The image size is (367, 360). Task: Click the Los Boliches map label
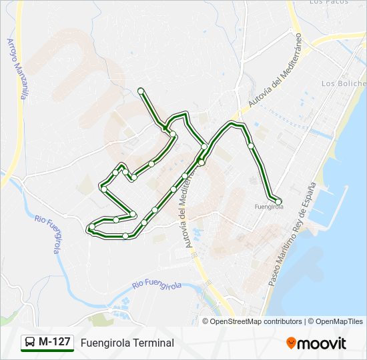(x=344, y=83)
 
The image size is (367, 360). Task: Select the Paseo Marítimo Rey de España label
(x=291, y=235)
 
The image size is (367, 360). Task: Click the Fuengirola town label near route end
(x=270, y=207)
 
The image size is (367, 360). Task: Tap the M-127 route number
(x=55, y=342)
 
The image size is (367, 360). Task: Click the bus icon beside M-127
(x=30, y=343)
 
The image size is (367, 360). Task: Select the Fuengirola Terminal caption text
(x=127, y=343)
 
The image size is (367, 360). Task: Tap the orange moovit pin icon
(x=292, y=343)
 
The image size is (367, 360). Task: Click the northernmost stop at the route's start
(x=141, y=91)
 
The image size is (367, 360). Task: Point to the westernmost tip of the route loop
(x=90, y=229)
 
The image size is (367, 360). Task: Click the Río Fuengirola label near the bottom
(x=157, y=285)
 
